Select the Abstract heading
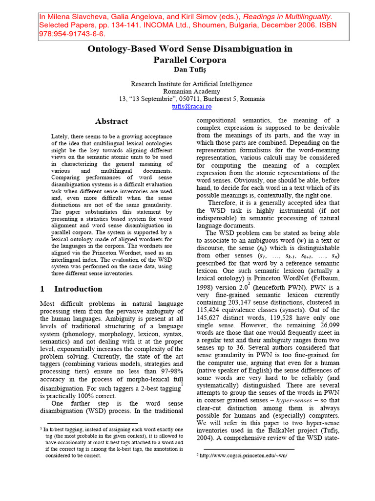click(112, 121)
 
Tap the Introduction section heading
click(78, 289)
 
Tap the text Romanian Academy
click(191, 91)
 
